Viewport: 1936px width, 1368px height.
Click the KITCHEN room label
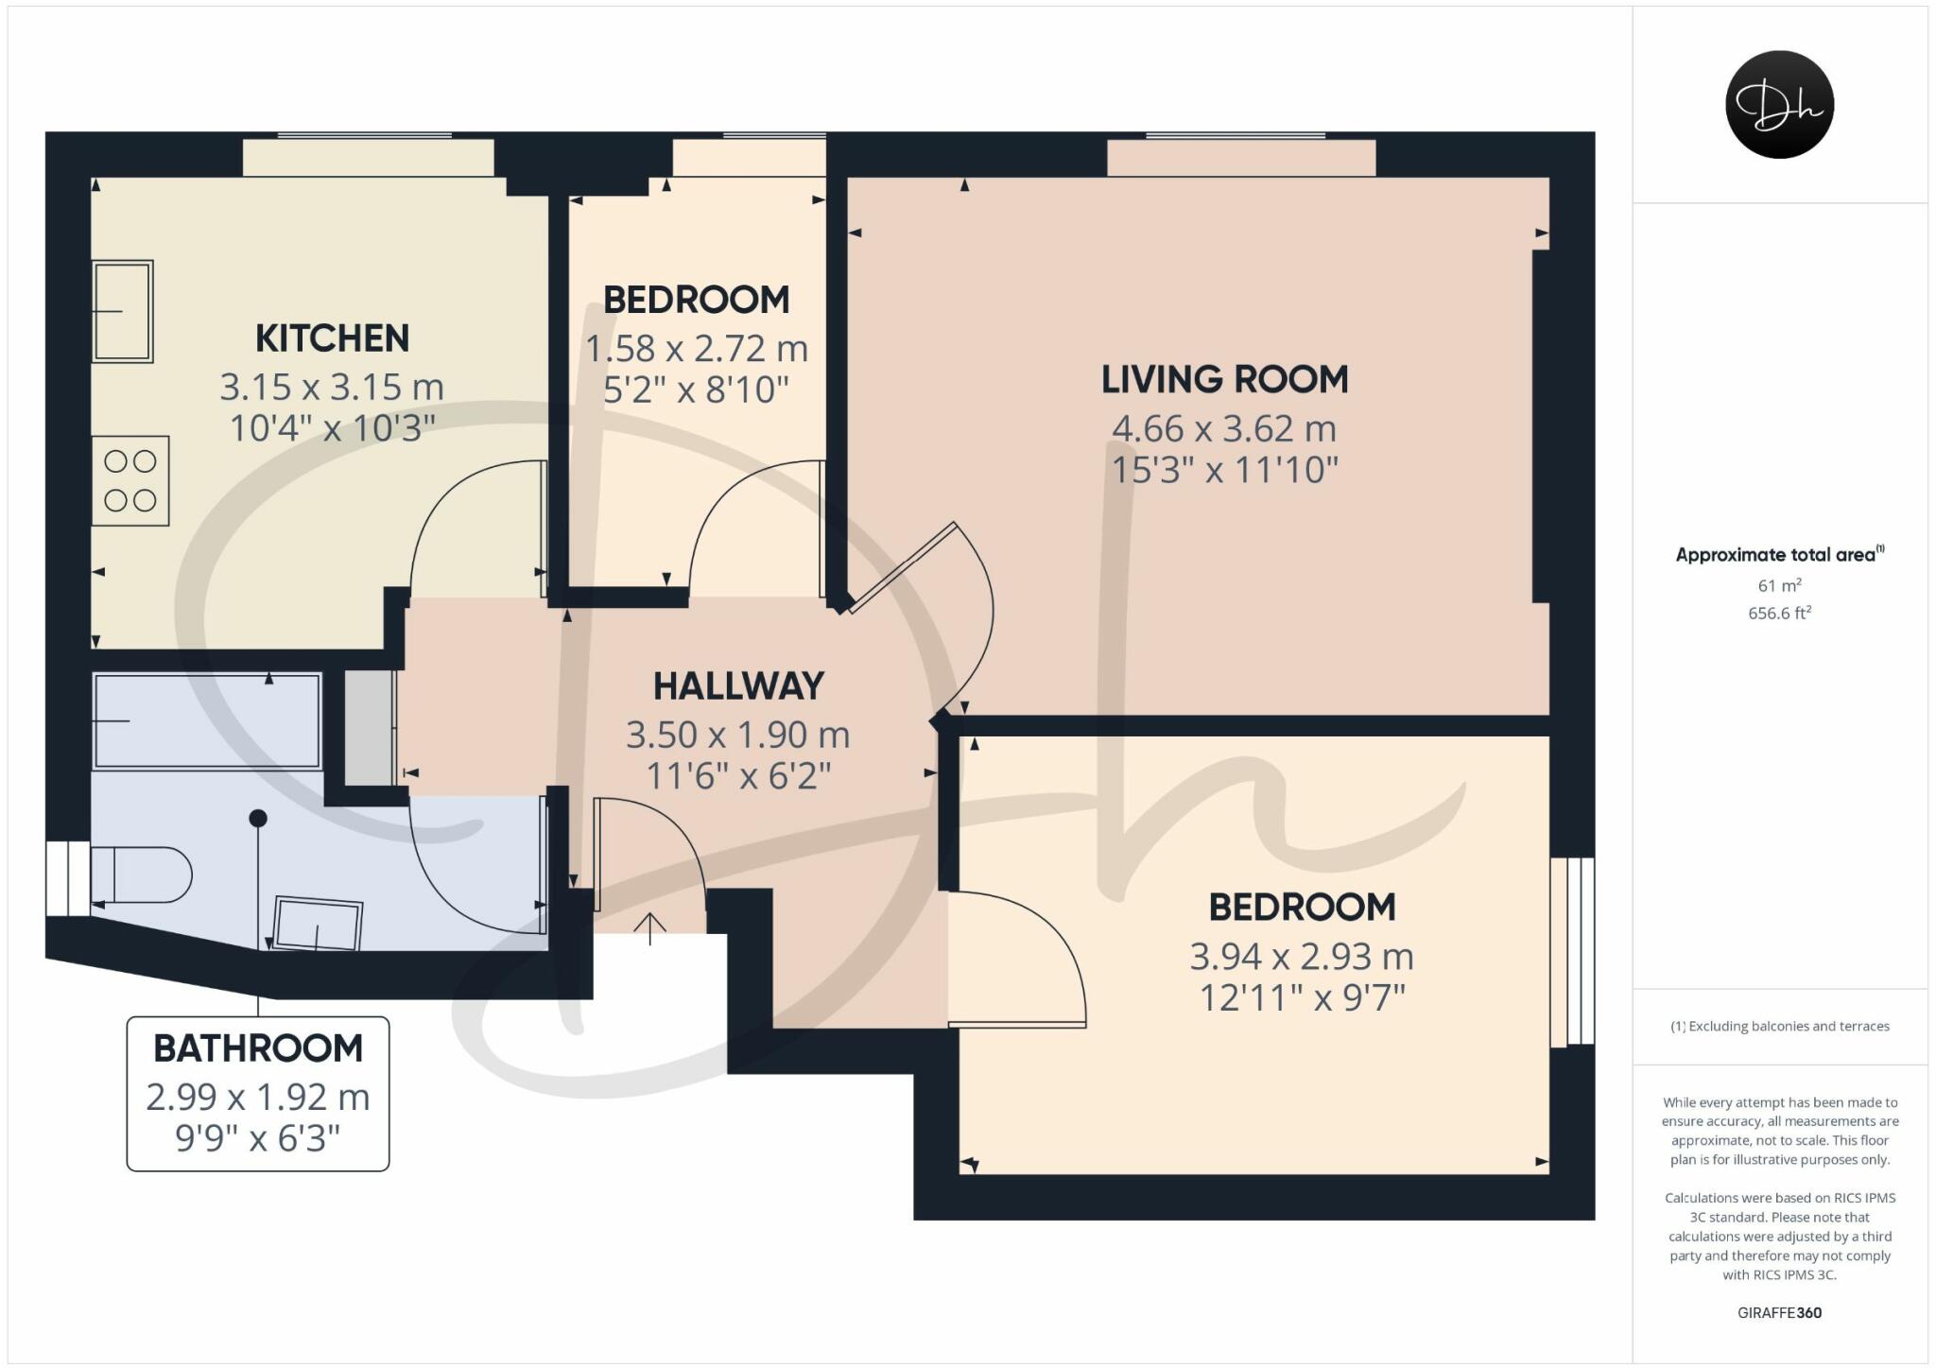332,338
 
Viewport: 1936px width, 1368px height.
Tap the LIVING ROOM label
1224,380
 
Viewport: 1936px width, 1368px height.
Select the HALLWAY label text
738,686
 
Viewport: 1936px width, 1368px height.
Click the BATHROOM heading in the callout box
258,1048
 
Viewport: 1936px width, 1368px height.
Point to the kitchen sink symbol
123,311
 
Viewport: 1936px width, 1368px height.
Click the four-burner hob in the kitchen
130,480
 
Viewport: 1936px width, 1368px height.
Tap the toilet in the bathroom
142,875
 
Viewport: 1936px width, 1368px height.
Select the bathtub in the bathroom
207,720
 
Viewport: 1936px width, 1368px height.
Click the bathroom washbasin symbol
318,925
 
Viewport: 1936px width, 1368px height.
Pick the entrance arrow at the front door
650,928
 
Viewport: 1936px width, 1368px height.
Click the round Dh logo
1779,105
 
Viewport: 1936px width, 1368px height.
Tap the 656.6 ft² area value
1779,614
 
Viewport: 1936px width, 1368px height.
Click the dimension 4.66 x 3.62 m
1224,429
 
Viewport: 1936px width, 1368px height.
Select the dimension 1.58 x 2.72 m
697,350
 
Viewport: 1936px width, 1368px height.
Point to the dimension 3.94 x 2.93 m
1302,957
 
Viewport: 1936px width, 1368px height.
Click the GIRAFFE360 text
1779,1312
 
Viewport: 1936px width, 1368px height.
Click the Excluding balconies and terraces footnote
1780,1027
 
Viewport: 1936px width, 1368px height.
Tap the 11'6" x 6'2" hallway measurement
738,777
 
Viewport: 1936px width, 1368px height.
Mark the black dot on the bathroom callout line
258,818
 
